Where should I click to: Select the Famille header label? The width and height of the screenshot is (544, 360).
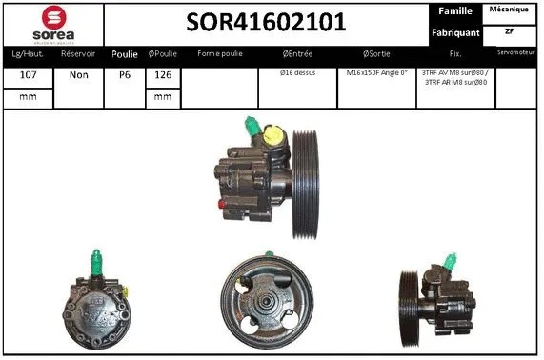tap(454, 10)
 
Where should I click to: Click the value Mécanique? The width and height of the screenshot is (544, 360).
tap(510, 9)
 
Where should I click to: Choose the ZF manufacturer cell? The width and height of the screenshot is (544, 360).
tap(510, 31)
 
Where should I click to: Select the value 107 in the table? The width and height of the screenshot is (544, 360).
tap(28, 73)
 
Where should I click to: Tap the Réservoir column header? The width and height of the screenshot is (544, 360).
tap(77, 54)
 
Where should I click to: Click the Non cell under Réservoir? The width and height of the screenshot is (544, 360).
tap(77, 73)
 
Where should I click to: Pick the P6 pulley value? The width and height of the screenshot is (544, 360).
tap(125, 73)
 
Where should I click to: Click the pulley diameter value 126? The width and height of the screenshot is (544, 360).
tap(162, 73)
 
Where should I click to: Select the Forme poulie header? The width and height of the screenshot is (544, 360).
tap(219, 54)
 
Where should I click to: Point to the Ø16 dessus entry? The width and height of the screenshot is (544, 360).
tap(297, 72)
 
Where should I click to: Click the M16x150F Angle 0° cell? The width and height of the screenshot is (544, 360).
tap(376, 72)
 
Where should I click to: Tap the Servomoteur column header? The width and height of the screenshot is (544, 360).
tap(518, 53)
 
